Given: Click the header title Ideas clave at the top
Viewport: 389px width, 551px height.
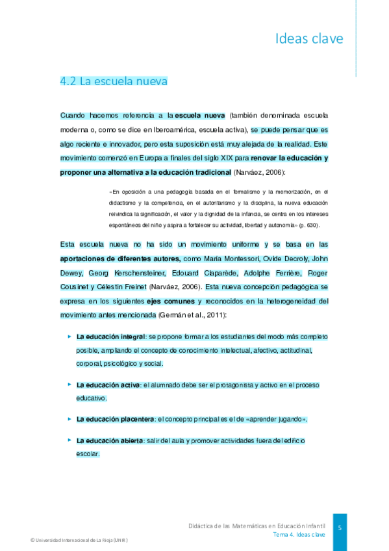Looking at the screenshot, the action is [309, 38].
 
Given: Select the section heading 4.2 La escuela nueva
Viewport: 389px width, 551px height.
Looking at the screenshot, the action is [114, 81].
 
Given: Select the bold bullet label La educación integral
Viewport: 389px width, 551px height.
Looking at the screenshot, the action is [110, 337].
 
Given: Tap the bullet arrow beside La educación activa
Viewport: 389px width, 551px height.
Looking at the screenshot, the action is [69, 385].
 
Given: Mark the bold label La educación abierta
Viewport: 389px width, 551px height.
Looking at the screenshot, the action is [110, 441].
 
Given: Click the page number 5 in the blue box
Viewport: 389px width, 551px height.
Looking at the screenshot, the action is [340, 528].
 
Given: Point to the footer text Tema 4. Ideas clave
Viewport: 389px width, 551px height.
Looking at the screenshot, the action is [299, 534].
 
